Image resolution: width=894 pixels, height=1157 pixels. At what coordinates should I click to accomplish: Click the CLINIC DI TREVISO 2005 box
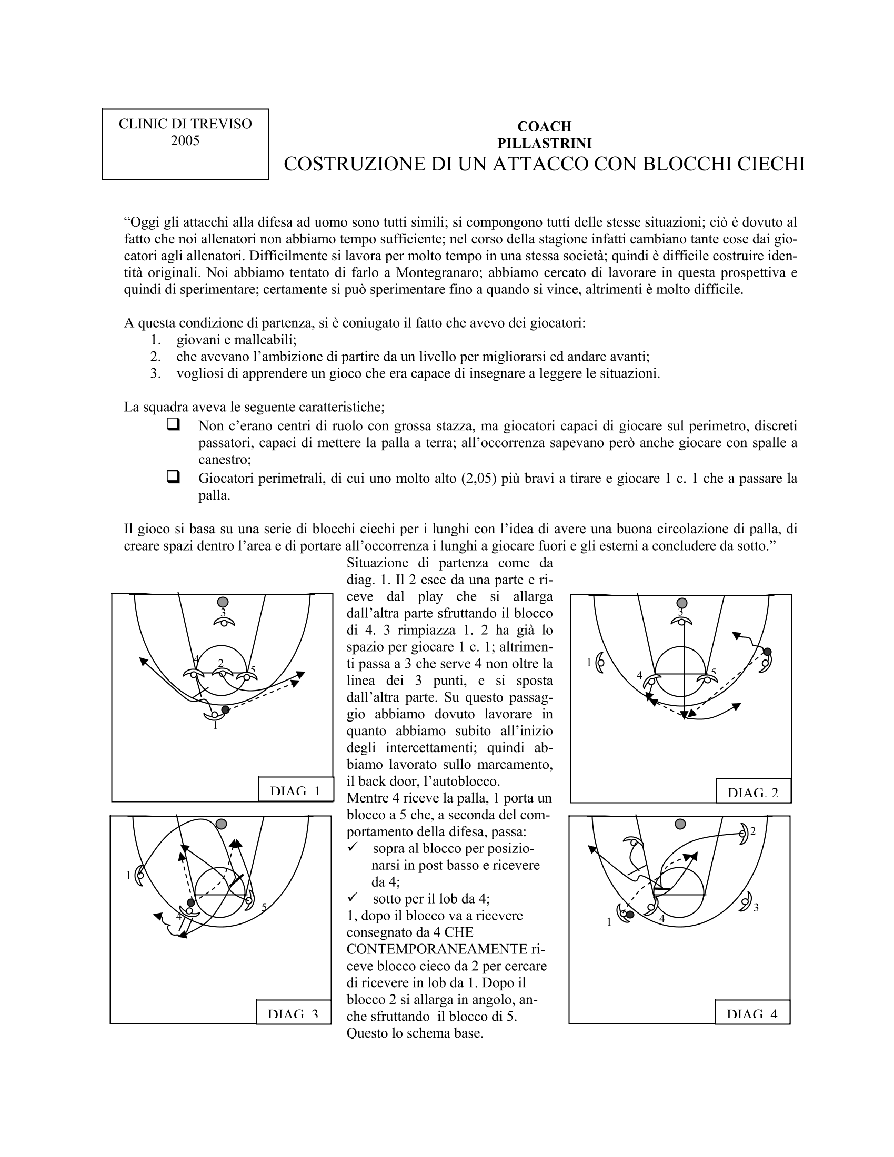point(185,144)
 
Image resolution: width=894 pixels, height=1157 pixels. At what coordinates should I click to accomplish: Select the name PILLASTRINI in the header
point(544,143)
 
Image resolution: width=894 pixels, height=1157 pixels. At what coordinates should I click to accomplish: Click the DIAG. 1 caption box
point(295,791)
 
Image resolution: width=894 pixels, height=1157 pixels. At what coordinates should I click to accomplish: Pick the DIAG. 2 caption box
point(753,793)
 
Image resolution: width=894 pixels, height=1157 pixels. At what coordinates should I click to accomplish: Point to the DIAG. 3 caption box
point(293,1014)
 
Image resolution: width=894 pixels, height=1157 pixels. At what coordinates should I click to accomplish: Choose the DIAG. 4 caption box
point(752,1014)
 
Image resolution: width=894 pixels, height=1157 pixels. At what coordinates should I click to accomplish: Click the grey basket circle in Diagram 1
point(223,602)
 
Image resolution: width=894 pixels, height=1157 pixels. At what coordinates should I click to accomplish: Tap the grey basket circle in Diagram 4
point(680,824)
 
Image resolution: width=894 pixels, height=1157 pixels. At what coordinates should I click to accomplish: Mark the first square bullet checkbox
point(173,424)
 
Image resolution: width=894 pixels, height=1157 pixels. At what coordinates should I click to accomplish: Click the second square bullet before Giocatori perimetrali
point(173,477)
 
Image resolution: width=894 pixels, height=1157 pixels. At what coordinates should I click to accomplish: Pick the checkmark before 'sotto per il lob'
point(353,898)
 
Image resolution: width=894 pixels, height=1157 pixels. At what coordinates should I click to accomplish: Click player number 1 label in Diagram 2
point(588,662)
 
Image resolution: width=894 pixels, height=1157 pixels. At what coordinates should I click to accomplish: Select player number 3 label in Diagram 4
point(756,908)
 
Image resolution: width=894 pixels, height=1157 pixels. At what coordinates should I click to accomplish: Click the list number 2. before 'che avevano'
point(155,357)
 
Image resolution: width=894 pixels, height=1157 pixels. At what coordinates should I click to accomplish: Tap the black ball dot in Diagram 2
point(767,651)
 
